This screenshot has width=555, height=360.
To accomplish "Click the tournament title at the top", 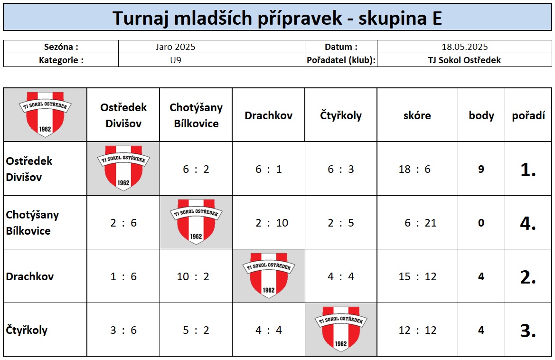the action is coord(277,18).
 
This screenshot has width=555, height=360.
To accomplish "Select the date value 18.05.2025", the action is coord(464,47).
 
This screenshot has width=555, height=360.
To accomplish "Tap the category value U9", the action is coord(176,60).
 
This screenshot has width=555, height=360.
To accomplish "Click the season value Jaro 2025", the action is coord(175,47).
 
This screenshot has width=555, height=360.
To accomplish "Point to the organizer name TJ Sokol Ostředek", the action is coord(464,60).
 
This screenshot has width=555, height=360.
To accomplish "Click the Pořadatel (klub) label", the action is coord(341,60).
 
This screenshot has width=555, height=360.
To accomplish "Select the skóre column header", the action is coord(417,115).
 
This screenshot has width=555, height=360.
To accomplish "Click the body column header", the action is coord(481,115).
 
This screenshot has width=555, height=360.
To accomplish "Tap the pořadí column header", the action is coord(528,115).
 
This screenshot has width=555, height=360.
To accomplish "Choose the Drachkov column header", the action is coord(268,115).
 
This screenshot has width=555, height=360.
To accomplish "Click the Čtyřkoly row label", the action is coord(27,330).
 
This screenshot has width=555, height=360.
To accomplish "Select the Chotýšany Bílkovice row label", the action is coord(32,223).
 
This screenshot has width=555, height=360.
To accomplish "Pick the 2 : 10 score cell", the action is coord(272,223).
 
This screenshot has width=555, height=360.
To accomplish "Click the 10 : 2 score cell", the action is coord(193,276).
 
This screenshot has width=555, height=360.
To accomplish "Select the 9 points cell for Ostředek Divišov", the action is coord(481,169).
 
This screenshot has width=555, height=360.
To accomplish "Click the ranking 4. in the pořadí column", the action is coord(528,223).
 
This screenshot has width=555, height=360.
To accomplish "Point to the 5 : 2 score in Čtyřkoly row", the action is coord(196,330).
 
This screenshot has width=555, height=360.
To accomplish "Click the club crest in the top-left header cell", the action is coord(45,114).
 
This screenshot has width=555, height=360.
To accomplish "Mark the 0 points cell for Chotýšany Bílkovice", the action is coord(481,223).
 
